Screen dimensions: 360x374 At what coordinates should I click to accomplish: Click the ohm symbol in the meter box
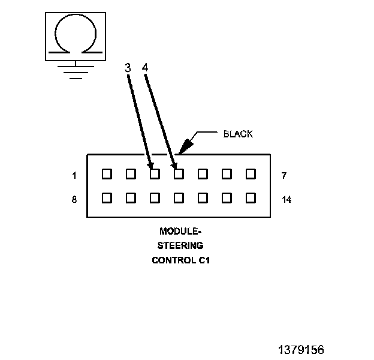[x=75, y=34]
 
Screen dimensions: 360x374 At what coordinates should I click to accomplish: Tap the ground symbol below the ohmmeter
[x=74, y=71]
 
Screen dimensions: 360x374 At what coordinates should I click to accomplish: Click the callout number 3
[x=128, y=68]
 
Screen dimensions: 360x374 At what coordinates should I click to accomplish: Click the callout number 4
[x=145, y=68]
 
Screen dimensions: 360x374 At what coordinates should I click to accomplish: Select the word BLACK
[x=238, y=134]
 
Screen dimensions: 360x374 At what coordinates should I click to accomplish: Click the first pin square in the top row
[x=107, y=174]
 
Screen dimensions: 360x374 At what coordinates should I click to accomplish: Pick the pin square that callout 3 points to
[x=155, y=174]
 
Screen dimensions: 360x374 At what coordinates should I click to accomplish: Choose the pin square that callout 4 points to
[x=179, y=174]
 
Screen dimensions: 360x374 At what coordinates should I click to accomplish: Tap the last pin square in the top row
[x=251, y=174]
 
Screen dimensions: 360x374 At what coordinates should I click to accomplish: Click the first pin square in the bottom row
[x=107, y=197]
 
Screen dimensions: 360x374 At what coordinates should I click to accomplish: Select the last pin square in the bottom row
[x=251, y=197]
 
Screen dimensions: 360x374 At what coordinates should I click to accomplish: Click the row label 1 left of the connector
[x=74, y=176]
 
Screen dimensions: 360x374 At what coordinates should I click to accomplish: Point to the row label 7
[x=283, y=176]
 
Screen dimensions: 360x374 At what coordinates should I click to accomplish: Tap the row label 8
[x=74, y=199]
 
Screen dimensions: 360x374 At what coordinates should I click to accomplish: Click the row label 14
[x=286, y=199]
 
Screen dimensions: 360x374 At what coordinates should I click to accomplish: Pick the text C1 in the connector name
[x=204, y=260]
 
